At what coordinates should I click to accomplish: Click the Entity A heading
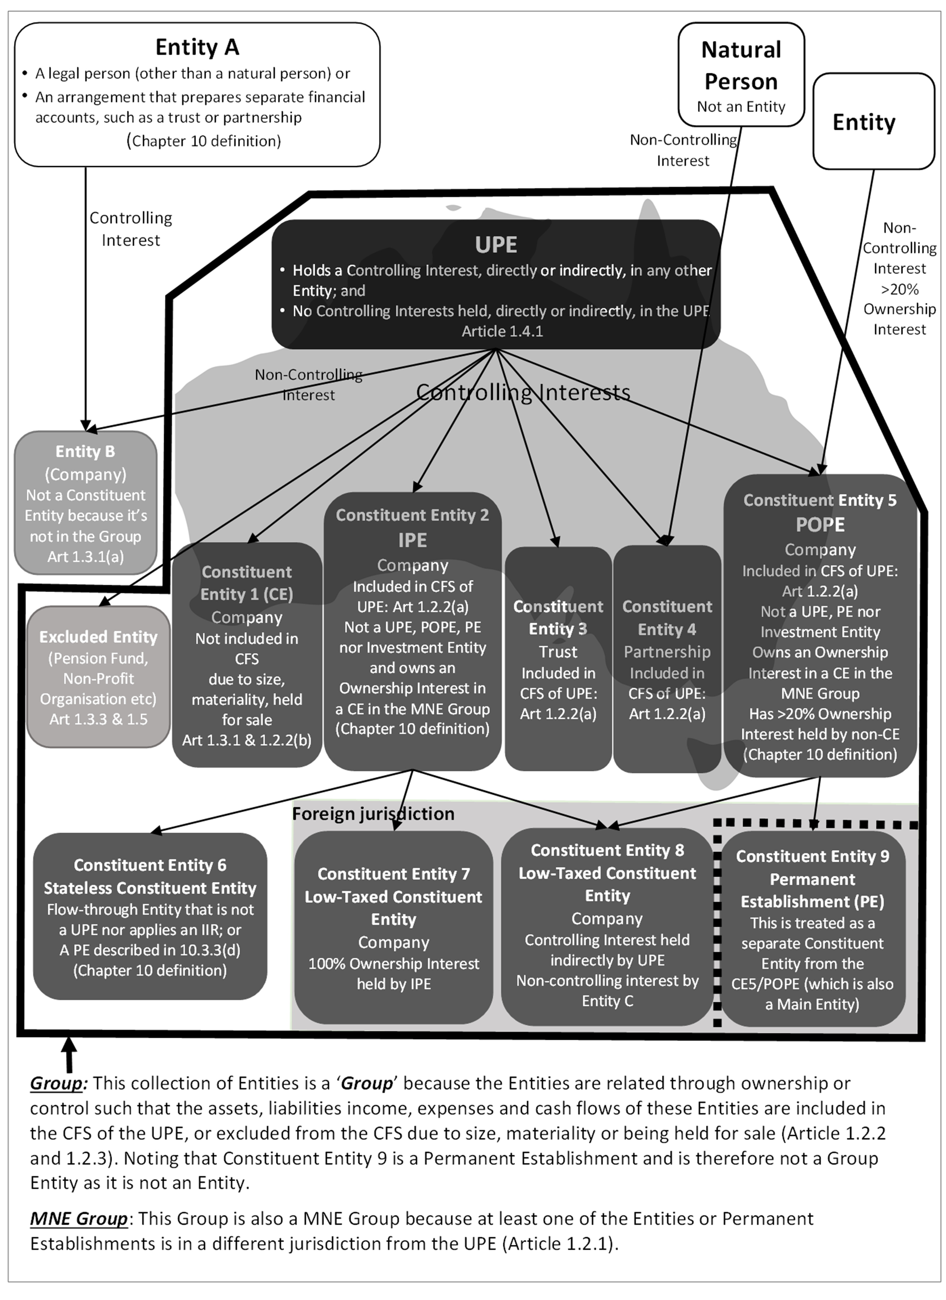[x=197, y=47]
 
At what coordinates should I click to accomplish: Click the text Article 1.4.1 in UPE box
[x=502, y=331]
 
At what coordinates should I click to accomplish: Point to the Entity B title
[x=85, y=452]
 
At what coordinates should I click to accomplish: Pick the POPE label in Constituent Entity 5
[x=820, y=525]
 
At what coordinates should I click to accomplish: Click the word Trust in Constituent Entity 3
[x=558, y=652]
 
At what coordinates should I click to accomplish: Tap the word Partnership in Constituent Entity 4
[x=667, y=652]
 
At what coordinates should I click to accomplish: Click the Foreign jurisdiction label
[x=373, y=813]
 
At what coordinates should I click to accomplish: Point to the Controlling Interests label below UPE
[x=523, y=392]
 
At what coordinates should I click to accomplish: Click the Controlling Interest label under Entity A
[x=131, y=229]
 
